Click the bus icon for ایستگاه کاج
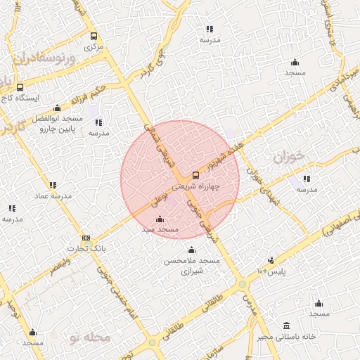pos(19,88)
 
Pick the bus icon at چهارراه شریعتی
pos(195,175)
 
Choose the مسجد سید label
pos(160,230)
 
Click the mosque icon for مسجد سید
pos(160,219)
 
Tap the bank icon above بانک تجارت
pos(86,238)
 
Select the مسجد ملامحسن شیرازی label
pos(192,265)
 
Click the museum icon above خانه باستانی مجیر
pos(286,326)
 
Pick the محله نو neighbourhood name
pos(91,337)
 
